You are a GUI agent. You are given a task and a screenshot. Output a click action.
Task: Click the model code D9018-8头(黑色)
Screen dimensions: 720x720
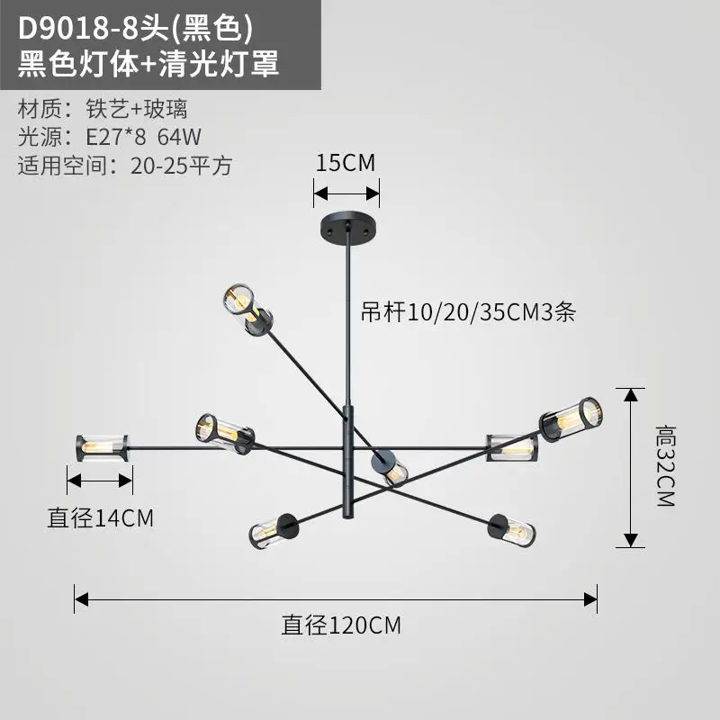(x=136, y=29)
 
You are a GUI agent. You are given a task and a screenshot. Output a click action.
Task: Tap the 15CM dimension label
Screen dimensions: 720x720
(x=346, y=163)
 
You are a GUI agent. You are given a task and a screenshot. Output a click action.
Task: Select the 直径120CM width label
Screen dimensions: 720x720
(x=341, y=625)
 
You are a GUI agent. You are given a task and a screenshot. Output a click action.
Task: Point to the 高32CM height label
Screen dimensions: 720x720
(x=666, y=465)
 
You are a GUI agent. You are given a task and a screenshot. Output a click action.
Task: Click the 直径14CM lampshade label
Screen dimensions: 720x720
(x=101, y=518)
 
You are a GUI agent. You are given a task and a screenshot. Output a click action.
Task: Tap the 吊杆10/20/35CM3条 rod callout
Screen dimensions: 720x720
(x=468, y=312)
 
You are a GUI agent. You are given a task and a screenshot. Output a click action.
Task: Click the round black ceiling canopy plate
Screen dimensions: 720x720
(x=348, y=227)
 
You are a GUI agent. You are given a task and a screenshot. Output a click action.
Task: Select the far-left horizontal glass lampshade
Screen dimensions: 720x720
(x=102, y=448)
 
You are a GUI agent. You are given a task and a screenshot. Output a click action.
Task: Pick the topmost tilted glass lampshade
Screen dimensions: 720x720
(x=248, y=310)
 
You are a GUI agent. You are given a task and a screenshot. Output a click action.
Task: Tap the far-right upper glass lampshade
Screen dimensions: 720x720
(x=571, y=418)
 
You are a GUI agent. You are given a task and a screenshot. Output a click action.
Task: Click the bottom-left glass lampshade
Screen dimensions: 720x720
(x=274, y=532)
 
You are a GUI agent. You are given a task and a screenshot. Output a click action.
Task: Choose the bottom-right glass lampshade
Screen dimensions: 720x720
(x=512, y=531)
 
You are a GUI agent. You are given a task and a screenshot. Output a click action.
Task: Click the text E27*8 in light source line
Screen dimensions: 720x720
(x=116, y=137)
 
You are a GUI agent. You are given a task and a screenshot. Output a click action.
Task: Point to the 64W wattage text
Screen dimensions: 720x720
(x=179, y=137)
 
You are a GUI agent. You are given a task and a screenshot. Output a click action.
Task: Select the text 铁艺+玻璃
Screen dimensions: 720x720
(x=137, y=109)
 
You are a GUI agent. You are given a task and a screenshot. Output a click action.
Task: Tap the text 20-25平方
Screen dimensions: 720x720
(x=182, y=166)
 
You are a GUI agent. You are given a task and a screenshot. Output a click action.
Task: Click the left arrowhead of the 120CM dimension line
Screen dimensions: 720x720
(x=81, y=599)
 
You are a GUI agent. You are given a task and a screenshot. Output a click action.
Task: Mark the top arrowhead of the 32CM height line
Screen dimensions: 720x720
(x=631, y=395)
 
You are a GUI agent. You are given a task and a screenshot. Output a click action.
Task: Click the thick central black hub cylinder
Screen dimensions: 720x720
(x=349, y=462)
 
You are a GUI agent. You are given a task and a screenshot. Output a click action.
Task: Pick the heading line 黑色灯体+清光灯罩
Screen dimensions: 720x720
(x=148, y=63)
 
